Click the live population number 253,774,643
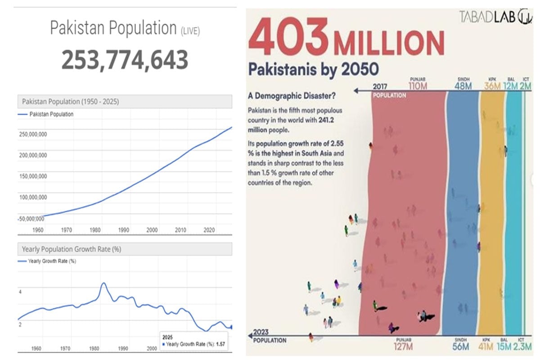pyautogui.click(x=125, y=59)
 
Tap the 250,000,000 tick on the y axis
pyautogui.click(x=32, y=134)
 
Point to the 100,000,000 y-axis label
pyautogui.click(x=32, y=198)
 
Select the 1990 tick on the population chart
pyautogui.click(x=124, y=230)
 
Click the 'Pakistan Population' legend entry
pyautogui.click(x=51, y=114)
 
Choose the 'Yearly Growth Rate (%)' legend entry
pyautogui.click(x=51, y=261)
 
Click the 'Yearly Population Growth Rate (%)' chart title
pyautogui.click(x=72, y=249)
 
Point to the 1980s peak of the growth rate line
pyautogui.click(x=103, y=283)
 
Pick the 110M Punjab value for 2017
pyautogui.click(x=418, y=85)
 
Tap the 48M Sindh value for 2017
pyautogui.click(x=463, y=85)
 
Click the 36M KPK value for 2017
pyautogui.click(x=492, y=85)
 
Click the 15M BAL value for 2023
pyautogui.click(x=504, y=347)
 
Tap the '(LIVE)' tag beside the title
pyautogui.click(x=190, y=31)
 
